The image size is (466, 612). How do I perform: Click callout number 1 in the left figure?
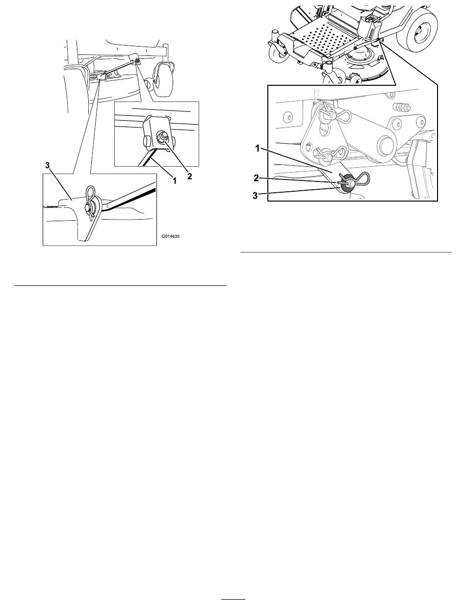pos(175,180)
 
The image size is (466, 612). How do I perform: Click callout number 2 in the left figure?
pos(190,176)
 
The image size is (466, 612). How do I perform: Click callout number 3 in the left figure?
pos(48,165)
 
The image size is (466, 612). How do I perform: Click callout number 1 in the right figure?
pos(258,149)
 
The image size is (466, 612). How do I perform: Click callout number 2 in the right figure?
pos(256,178)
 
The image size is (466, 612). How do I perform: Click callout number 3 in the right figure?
pos(256,196)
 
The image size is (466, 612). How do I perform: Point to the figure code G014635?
pos(171,236)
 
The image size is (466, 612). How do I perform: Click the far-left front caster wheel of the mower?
pos(278,56)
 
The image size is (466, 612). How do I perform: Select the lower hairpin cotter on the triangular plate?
pos(332,153)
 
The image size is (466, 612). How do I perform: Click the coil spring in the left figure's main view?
pos(94,76)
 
